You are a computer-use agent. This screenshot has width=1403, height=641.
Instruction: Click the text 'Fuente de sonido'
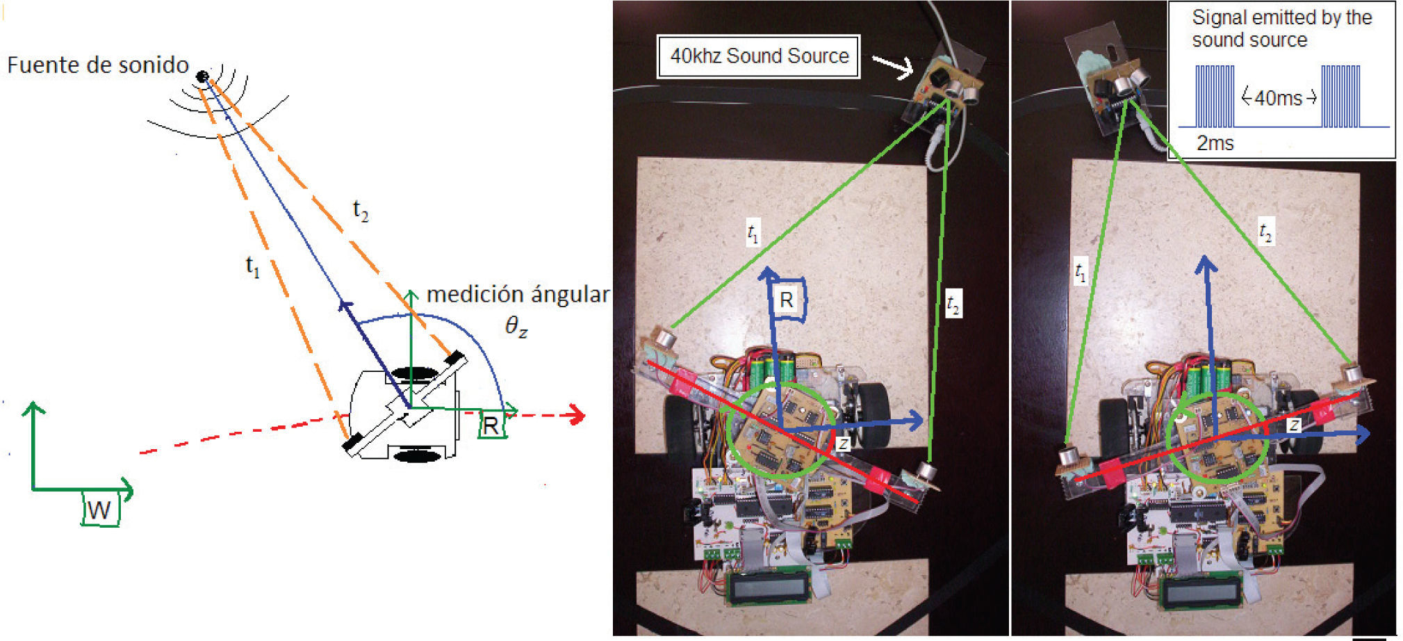(x=98, y=65)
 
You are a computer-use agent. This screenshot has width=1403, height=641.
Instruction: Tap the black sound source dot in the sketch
(x=202, y=76)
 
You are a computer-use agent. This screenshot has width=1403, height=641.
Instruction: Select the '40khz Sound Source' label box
(x=759, y=56)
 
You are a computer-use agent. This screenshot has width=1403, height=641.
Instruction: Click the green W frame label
(x=99, y=510)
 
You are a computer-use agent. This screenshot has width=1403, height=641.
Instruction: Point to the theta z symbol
(x=516, y=326)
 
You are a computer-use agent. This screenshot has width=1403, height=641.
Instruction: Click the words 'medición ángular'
(x=517, y=295)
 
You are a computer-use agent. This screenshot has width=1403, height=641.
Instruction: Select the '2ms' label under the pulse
(x=1215, y=144)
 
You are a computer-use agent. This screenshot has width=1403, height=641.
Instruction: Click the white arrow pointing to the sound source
(x=893, y=67)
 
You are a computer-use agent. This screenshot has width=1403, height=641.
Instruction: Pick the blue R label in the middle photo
(x=787, y=300)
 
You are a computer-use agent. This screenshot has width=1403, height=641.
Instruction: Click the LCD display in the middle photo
(x=768, y=588)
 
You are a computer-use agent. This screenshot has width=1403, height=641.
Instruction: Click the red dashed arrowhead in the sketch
(x=575, y=416)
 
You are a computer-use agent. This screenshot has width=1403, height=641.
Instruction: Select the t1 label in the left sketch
(x=253, y=266)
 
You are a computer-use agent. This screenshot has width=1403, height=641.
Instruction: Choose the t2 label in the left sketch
(x=360, y=210)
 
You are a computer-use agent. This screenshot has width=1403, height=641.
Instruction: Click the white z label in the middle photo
(x=842, y=443)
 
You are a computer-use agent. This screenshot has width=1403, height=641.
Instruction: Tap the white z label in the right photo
(x=1294, y=425)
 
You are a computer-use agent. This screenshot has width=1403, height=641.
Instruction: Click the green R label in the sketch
(x=491, y=425)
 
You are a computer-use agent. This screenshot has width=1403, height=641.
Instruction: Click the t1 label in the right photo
(x=1080, y=271)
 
